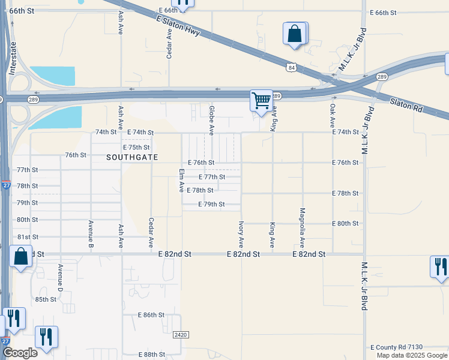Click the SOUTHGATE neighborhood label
pos(132,157)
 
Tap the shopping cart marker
pos(261,101)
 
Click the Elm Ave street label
pos(181,181)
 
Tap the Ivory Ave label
pos(241,234)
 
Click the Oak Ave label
pos(333,115)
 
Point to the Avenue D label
pos(61,278)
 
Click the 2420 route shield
pos(180,334)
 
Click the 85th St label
pos(45,299)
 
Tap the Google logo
pos(20,352)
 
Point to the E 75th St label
pos(136,147)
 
